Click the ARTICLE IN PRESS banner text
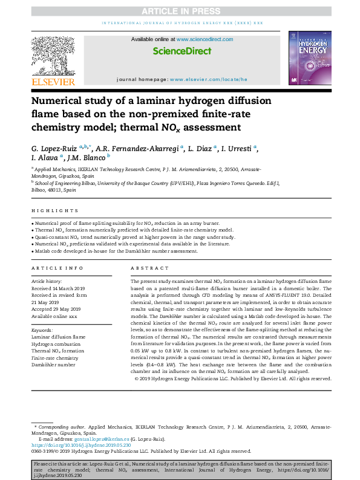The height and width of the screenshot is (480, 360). coord(179,10)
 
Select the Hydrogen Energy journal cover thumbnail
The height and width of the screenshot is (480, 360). coord(310,57)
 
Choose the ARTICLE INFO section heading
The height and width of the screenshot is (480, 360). coord(57,267)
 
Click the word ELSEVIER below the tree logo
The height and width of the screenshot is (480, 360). coord(53,82)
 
